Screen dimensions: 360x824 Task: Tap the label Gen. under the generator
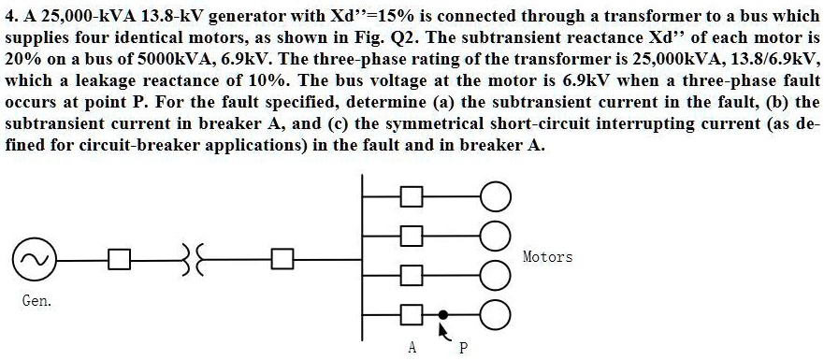pyautogui.click(x=36, y=301)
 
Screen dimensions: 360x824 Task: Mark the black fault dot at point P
pyautogui.click(x=444, y=314)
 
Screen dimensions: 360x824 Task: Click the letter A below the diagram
pyautogui.click(x=412, y=348)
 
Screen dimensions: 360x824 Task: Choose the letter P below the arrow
pyautogui.click(x=462, y=348)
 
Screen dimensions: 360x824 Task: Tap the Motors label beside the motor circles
pyautogui.click(x=547, y=256)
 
